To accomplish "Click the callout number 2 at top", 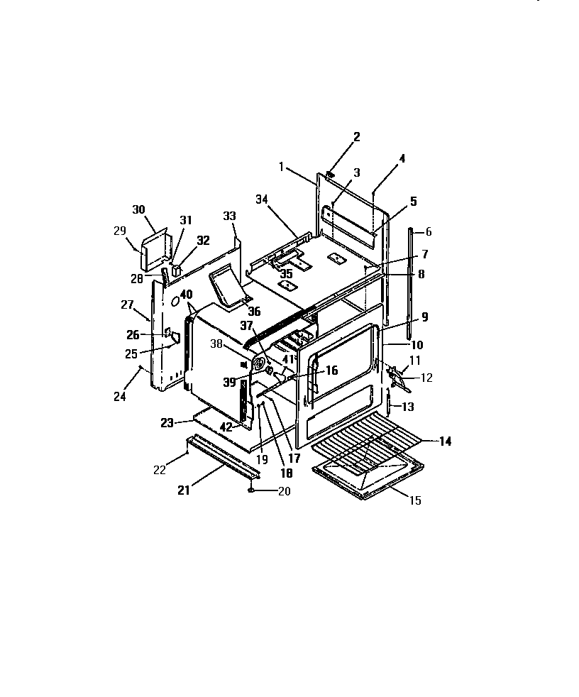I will tap(356, 137).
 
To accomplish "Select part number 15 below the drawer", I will tap(415, 500).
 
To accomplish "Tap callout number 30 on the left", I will tap(138, 209).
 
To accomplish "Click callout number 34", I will tap(262, 200).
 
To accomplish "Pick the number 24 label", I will tap(120, 397).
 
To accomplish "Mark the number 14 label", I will tap(444, 441).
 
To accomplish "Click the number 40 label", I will tap(187, 294).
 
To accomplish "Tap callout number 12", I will tap(426, 378).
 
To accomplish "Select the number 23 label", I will tap(167, 423).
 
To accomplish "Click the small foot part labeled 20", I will tap(250, 490).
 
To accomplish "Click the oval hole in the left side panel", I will tap(172, 302).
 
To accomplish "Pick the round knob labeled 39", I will tap(270, 369).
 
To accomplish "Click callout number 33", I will tap(228, 216).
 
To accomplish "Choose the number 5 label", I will tap(414, 201).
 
